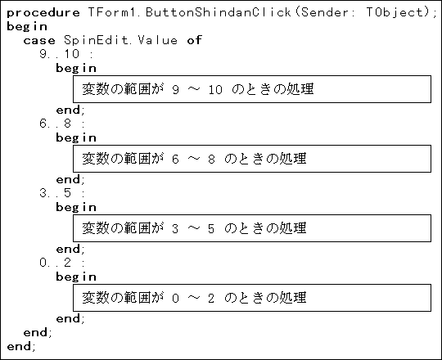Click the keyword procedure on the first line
click(x=43, y=13)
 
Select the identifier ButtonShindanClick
click(x=219, y=12)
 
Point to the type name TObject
click(x=395, y=12)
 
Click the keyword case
click(x=39, y=41)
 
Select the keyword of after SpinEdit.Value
click(x=195, y=40)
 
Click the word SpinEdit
click(x=96, y=40)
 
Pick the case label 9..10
click(x=60, y=54)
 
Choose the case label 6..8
click(x=56, y=124)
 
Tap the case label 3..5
click(x=56, y=193)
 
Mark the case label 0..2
click(x=56, y=263)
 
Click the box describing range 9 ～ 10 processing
click(x=252, y=89)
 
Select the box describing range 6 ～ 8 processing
click(x=252, y=159)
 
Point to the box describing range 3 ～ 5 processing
click(x=252, y=228)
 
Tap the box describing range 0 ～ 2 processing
click(x=252, y=298)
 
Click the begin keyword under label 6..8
click(x=76, y=138)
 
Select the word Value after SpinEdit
click(x=158, y=40)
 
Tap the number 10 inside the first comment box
click(x=215, y=89)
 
